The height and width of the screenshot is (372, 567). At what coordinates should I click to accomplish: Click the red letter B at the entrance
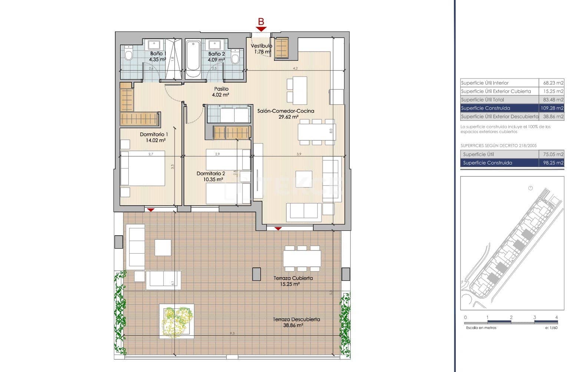click(x=261, y=22)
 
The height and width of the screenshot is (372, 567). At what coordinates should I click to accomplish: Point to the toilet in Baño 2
click(x=235, y=57)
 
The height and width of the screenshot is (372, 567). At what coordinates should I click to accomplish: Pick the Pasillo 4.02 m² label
click(x=221, y=92)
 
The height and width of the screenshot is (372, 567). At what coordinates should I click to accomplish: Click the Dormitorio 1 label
click(x=154, y=134)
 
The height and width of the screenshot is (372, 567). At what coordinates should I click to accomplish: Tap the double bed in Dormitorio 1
click(x=143, y=168)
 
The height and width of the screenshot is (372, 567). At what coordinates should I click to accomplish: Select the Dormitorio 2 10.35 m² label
click(x=211, y=176)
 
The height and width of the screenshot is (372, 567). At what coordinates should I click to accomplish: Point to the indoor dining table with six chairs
click(x=317, y=132)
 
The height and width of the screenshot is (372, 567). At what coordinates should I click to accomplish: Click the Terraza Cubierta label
click(x=293, y=278)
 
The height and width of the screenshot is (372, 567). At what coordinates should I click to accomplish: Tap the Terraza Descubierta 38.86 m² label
click(x=296, y=322)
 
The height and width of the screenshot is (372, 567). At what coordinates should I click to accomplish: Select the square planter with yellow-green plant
click(x=177, y=321)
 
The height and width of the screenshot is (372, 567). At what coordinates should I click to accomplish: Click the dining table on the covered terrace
click(x=302, y=259)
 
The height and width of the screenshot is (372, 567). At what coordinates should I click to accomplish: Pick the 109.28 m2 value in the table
click(x=552, y=108)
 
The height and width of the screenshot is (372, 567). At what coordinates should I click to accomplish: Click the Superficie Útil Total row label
click(x=482, y=100)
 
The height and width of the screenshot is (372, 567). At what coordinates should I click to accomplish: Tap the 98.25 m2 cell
click(x=552, y=163)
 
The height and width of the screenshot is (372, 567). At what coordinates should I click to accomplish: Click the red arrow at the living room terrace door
click(x=278, y=229)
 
